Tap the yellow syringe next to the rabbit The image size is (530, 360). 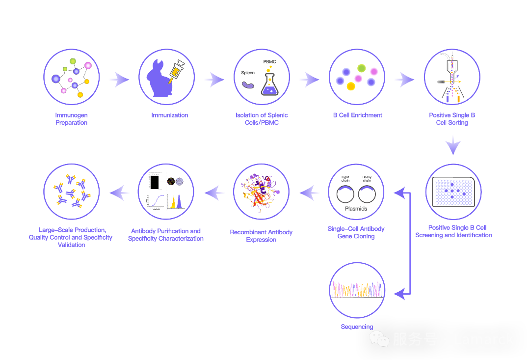click(176, 69)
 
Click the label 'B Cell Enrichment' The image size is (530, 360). click(357, 115)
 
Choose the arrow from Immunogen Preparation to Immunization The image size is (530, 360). click(119, 79)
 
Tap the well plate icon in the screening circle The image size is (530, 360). click(453, 192)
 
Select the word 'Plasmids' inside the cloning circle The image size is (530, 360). click(356, 209)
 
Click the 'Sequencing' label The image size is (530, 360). click(357, 327)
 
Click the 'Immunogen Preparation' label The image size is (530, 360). click(72, 119)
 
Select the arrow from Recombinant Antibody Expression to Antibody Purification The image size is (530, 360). click(214, 193)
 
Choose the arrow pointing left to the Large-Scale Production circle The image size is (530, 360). click(120, 193)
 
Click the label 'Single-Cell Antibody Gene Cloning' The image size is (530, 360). click(356, 233)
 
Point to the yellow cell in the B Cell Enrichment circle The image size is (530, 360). click(351, 86)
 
